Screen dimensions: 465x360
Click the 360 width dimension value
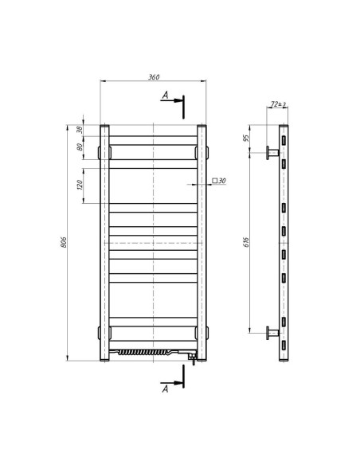[155, 77]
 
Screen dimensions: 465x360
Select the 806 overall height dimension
[65, 242]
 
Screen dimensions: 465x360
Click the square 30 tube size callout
[219, 182]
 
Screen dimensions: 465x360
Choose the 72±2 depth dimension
[278, 104]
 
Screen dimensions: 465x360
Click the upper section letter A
[165, 96]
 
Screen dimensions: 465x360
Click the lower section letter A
[165, 389]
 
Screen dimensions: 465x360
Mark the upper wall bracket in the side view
[272, 151]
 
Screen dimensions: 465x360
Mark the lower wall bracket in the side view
[272, 333]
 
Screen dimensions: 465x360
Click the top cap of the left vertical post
[104, 126]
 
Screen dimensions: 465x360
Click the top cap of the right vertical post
[202, 126]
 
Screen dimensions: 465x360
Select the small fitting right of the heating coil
[192, 357]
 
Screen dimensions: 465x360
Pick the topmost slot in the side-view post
[283, 140]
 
